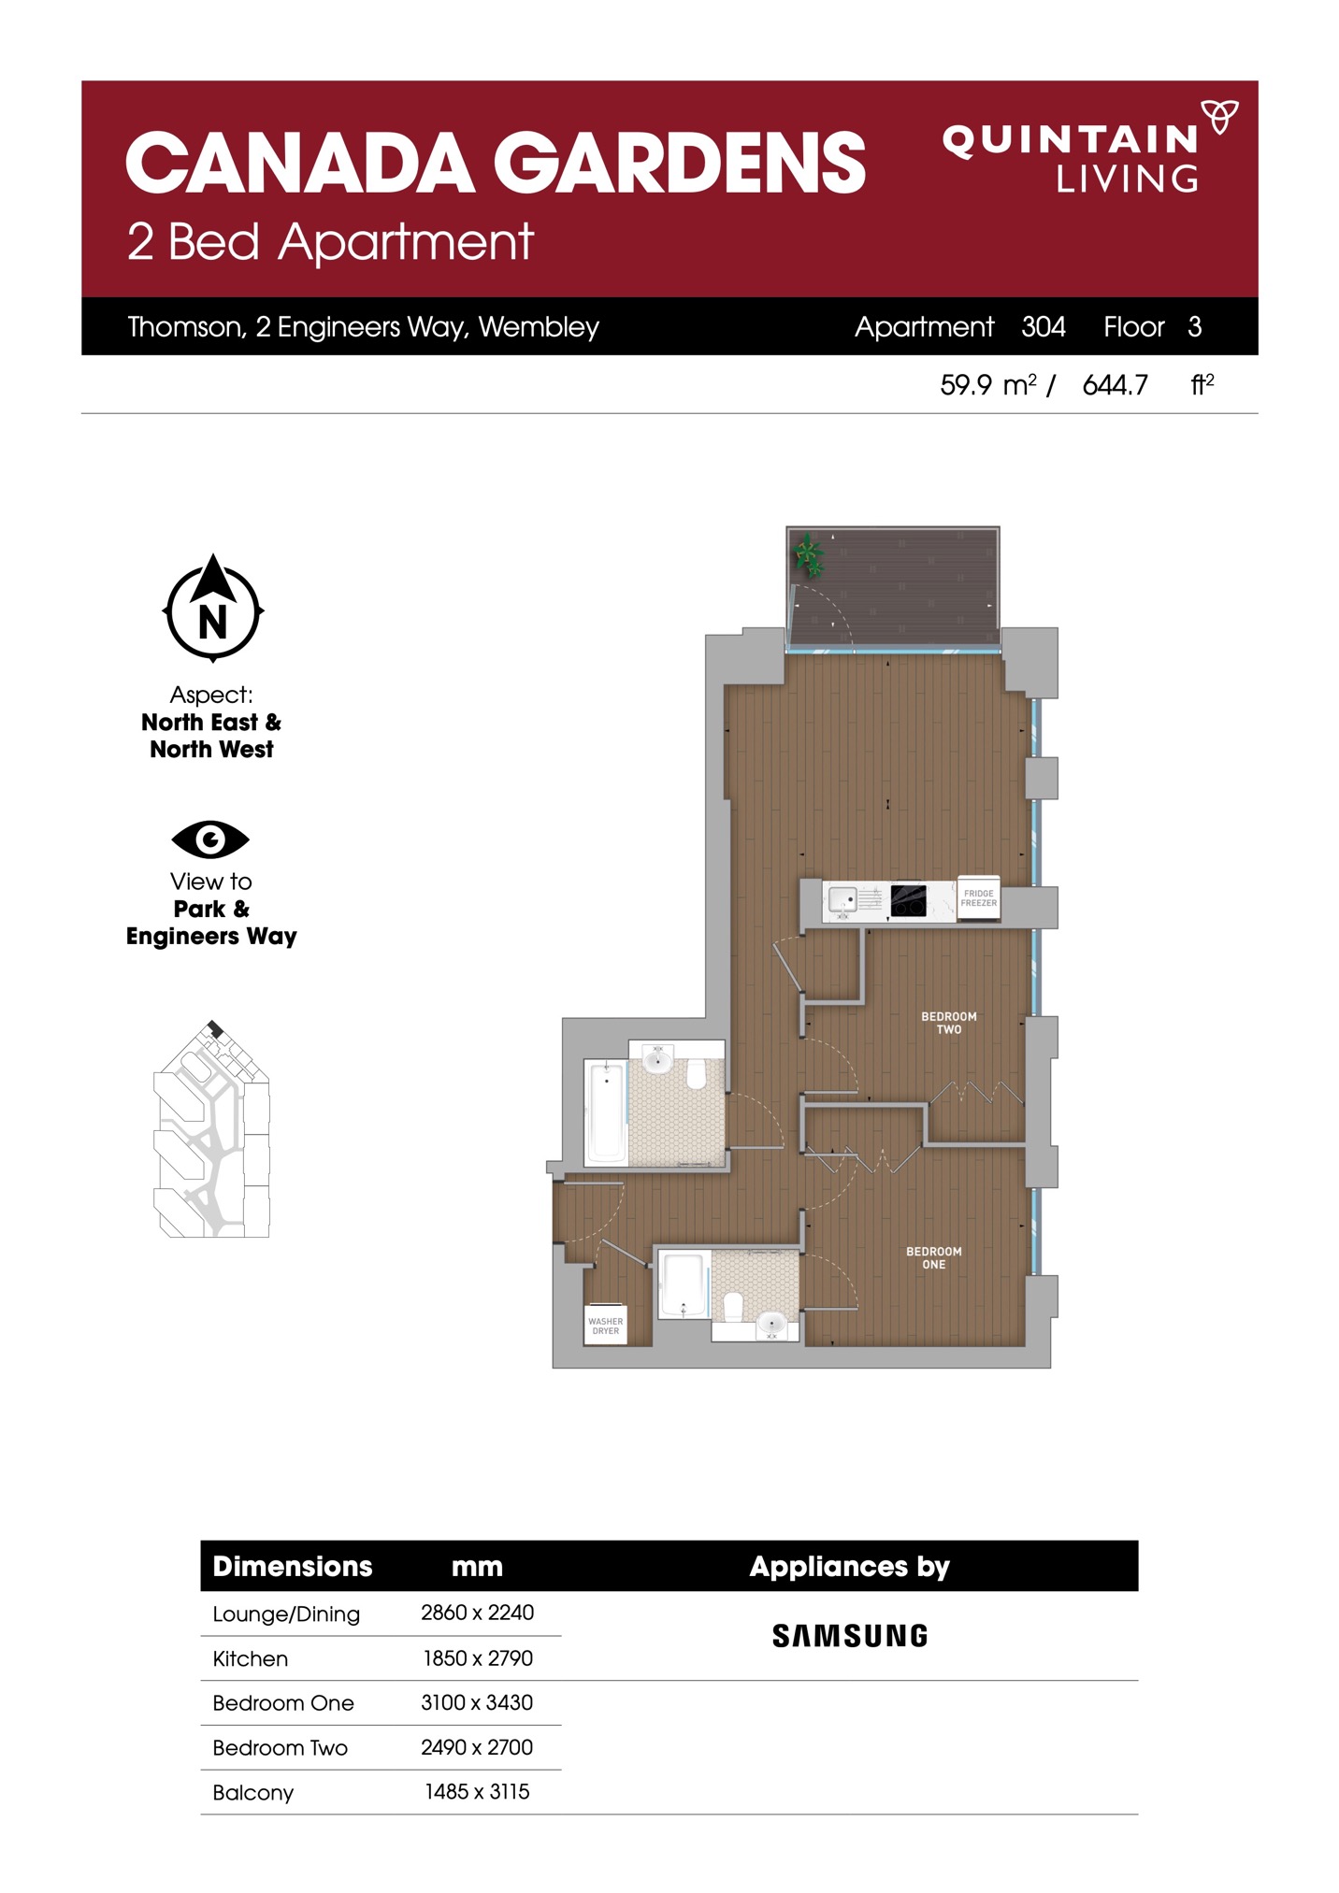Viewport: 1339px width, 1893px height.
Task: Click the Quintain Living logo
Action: (1090, 147)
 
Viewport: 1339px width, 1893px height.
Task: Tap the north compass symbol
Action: (213, 609)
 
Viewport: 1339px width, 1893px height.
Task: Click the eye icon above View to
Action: (210, 839)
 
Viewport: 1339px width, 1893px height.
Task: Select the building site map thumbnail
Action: (211, 1129)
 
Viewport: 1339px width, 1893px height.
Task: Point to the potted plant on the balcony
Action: (809, 555)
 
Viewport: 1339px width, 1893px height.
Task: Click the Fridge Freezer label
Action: (979, 898)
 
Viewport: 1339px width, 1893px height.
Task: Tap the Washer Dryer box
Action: (606, 1326)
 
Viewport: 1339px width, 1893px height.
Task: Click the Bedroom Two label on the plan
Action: (949, 1023)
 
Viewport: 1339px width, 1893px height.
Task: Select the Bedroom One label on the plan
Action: (934, 1257)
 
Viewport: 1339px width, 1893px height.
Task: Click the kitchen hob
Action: (908, 900)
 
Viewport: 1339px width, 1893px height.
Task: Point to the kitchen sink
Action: (843, 900)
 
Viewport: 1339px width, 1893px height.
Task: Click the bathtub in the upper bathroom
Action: (606, 1111)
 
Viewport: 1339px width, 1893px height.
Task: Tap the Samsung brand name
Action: (850, 1636)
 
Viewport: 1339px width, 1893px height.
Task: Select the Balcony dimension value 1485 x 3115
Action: (477, 1791)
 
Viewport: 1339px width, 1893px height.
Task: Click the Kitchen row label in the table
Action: (251, 1658)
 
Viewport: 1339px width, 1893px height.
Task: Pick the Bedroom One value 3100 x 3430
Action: (477, 1702)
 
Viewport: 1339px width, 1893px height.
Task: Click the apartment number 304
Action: (1044, 326)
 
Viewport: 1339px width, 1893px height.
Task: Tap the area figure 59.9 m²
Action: (988, 384)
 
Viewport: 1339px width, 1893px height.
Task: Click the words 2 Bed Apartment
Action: (330, 242)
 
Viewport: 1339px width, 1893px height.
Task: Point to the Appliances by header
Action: (849, 1566)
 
